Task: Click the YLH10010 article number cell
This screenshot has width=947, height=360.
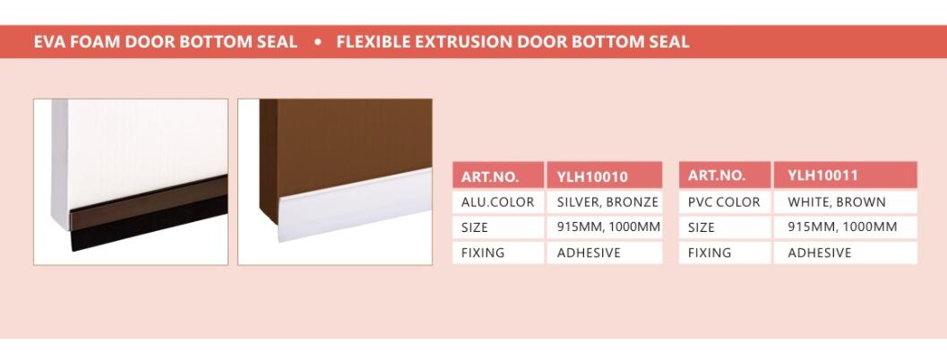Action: pyautogui.click(x=605, y=176)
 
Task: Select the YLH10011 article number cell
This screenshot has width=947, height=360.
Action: pyautogui.click(x=845, y=176)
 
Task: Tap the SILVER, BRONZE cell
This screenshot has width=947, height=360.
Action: pyautogui.click(x=605, y=201)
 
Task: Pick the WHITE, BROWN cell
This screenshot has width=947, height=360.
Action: pyautogui.click(x=845, y=201)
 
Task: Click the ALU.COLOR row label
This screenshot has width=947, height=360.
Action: pyautogui.click(x=498, y=201)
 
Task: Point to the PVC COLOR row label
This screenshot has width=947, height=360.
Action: pyautogui.click(x=725, y=201)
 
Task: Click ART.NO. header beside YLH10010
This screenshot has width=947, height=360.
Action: pyautogui.click(x=498, y=176)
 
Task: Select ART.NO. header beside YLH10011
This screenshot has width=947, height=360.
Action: pyautogui.click(x=725, y=176)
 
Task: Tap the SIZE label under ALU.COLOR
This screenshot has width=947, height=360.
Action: pyautogui.click(x=498, y=227)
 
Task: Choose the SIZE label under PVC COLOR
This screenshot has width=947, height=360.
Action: pyautogui.click(x=725, y=227)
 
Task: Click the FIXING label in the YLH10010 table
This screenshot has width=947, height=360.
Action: pyautogui.click(x=498, y=253)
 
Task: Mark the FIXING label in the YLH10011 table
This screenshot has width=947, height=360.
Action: pyautogui.click(x=725, y=253)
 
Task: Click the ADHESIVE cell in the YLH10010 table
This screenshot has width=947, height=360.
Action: pyautogui.click(x=605, y=253)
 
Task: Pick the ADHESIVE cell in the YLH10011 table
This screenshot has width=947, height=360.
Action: pyautogui.click(x=845, y=253)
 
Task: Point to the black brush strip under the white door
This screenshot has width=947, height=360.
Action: pyautogui.click(x=150, y=224)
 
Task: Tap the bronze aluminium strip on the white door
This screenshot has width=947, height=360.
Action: pyautogui.click(x=149, y=202)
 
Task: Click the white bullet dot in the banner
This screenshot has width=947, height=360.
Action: pyautogui.click(x=318, y=42)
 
